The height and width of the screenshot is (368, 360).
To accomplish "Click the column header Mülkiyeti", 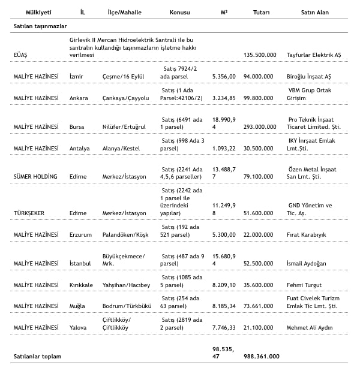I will (x=29, y=12).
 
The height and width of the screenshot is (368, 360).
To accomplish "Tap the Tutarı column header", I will (x=262, y=12).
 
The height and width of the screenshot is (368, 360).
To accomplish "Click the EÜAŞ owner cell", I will (x=21, y=55).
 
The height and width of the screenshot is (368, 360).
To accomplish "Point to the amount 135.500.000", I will (x=260, y=55).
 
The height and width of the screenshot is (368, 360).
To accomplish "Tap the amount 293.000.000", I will (x=260, y=126).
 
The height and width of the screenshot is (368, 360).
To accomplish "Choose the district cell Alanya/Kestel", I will (x=122, y=148).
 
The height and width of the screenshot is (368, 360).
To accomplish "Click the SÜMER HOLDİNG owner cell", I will (x=35, y=177).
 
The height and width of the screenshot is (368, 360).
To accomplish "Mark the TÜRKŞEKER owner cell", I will (x=29, y=213).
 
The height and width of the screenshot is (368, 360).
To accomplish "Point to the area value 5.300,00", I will (x=224, y=234).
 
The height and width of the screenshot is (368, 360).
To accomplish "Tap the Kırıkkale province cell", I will (x=82, y=285).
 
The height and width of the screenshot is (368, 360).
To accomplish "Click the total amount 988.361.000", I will (x=261, y=356).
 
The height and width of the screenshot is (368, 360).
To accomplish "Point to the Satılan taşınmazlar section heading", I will (x=40, y=26).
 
